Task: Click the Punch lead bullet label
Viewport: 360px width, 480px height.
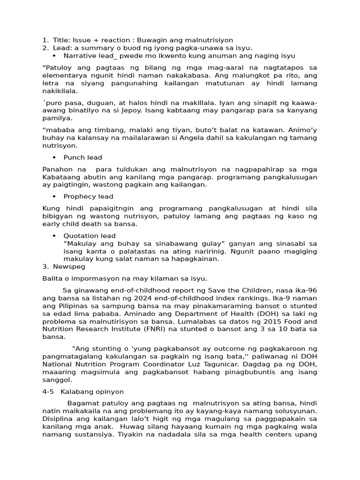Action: (82, 157)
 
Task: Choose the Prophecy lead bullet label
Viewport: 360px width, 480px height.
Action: (88, 196)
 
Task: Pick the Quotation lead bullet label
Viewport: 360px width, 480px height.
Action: (89, 236)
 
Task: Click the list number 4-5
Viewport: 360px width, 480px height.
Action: (48, 392)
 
